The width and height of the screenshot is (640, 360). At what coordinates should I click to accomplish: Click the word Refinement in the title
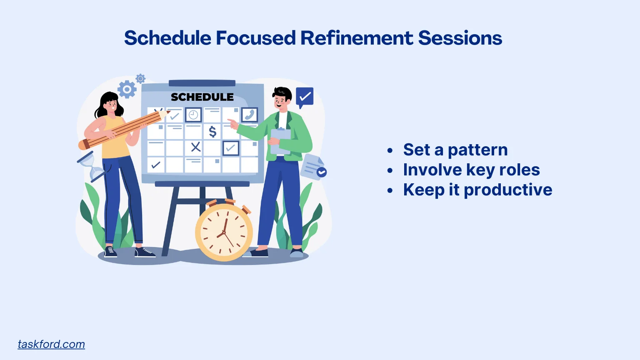coord(357,38)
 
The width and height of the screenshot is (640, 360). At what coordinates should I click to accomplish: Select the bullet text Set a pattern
coord(455,150)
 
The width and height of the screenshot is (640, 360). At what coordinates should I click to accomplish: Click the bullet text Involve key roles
coord(471,170)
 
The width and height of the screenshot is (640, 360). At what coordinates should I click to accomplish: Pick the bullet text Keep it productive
coord(477,190)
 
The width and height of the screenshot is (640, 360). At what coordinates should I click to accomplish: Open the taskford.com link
coord(51,344)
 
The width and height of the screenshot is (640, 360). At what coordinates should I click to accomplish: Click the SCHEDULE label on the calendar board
coord(202,97)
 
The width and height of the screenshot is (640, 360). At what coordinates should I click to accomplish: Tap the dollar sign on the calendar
coord(212,132)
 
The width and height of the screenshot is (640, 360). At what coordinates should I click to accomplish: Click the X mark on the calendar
coord(195,147)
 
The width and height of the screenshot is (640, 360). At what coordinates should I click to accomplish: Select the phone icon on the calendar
coord(250,115)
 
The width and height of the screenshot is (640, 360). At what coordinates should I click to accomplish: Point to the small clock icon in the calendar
coord(193,115)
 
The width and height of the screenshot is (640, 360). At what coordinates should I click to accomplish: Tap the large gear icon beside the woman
coord(127,89)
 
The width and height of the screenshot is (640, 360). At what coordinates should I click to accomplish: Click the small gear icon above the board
coord(141,78)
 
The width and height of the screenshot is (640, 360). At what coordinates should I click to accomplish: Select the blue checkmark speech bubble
coord(305,97)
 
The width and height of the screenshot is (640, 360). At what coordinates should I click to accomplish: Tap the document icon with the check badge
coord(313,167)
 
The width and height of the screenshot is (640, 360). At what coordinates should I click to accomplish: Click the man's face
coord(281,100)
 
